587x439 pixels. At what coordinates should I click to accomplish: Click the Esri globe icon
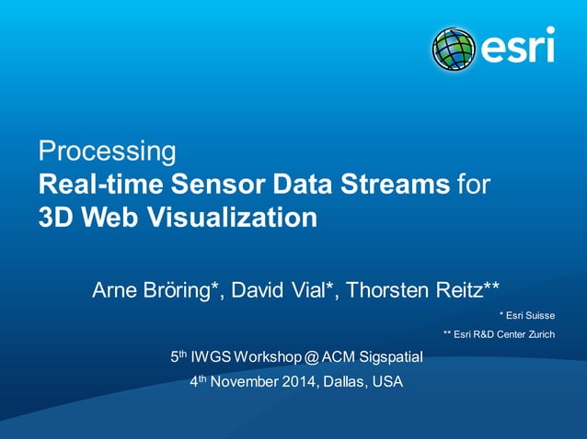pos(453,49)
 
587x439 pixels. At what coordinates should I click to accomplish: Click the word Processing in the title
pos(106,151)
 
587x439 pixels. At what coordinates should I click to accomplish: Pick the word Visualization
pos(222,219)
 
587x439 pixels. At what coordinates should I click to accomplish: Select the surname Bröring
pos(184,291)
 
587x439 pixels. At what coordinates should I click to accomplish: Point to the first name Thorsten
pos(390,291)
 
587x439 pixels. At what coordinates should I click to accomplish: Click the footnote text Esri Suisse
pos(533,315)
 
